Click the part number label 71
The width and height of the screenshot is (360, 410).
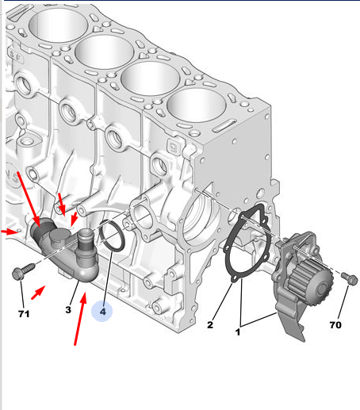click(x=24, y=314)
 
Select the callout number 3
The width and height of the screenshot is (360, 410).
click(x=68, y=309)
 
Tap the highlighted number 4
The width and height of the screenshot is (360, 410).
click(x=102, y=312)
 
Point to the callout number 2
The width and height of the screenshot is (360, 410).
click(x=210, y=324)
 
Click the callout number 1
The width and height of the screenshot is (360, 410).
click(x=238, y=331)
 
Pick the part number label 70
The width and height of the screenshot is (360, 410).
click(x=335, y=324)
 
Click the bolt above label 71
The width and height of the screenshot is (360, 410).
click(x=23, y=272)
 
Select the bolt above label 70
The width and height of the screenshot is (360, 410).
click(x=350, y=278)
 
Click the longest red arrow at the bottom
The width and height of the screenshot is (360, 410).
click(x=79, y=319)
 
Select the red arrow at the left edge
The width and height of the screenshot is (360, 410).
click(x=9, y=232)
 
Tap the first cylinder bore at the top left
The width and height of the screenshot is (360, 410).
click(x=58, y=26)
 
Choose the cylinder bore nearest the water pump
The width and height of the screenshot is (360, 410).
click(x=197, y=105)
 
